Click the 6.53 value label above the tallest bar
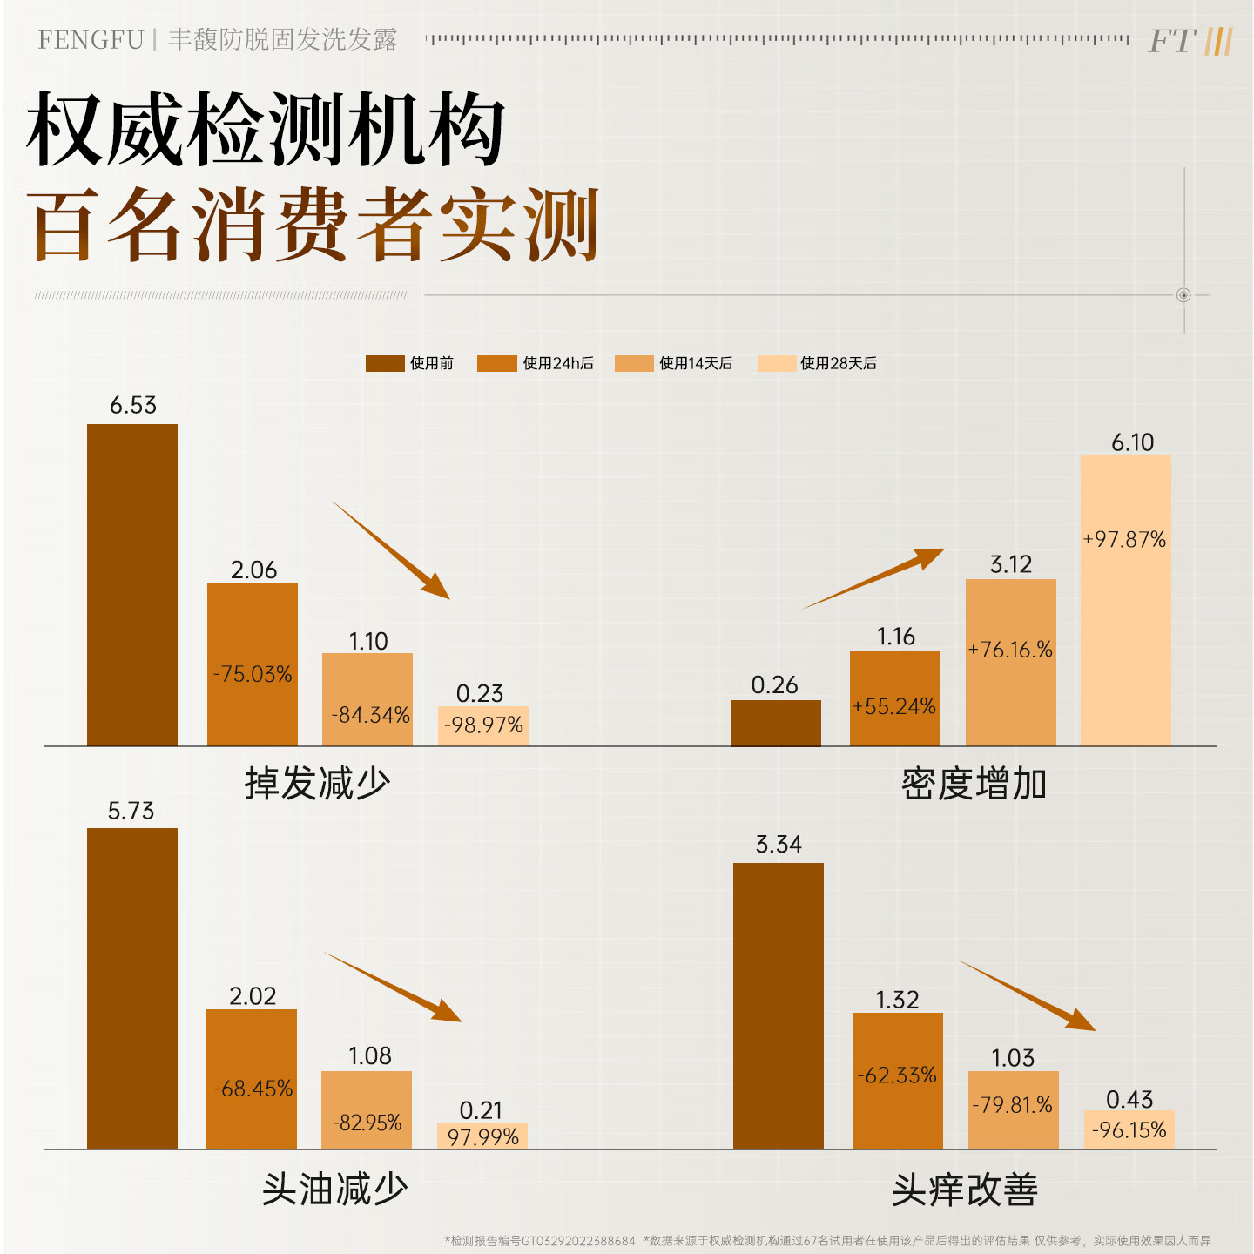coord(133,405)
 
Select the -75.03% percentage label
coord(253,674)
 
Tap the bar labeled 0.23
coord(483,725)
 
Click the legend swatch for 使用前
coord(385,363)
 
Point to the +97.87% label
coord(1124,540)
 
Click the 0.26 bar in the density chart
coord(775,723)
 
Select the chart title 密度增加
coord(974,784)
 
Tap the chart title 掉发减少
coord(317,783)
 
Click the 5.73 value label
coord(131,812)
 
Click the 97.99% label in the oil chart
coord(482,1136)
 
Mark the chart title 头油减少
coord(335,1189)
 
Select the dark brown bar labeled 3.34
coord(778,1006)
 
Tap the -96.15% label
coord(1129,1130)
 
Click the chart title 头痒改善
coord(965,1190)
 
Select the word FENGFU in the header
coord(91,40)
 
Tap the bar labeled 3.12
coord(1010,662)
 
